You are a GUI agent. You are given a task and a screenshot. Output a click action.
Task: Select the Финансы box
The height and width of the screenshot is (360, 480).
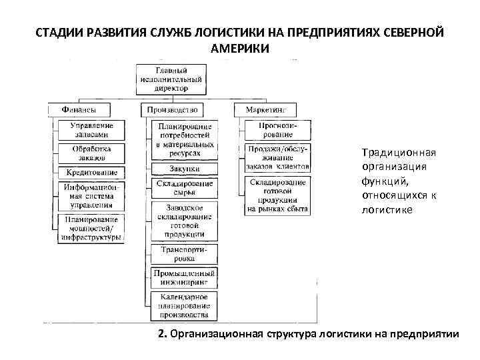pos(78,109)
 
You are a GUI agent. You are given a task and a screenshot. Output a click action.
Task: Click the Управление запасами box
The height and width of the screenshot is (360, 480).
pos(92,130)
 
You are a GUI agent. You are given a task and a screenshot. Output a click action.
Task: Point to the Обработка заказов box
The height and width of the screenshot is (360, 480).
pos(92,153)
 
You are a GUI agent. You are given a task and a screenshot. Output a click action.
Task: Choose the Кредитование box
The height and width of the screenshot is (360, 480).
pos(92,173)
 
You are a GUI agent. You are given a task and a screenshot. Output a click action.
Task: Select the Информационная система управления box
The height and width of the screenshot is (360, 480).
pos(92,197)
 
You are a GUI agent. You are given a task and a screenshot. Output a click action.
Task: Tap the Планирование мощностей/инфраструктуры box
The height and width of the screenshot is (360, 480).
pos(92,228)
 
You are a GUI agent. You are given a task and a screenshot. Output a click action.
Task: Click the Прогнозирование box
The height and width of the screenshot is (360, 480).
pos(276,130)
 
